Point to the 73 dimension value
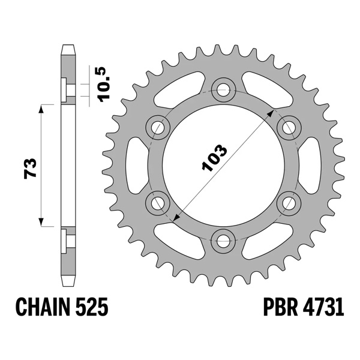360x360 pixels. pos(32,168)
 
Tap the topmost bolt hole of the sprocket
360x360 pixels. pos(224,89)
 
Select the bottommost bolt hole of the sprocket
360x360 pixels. pos(224,241)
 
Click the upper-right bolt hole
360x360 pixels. pos(289,127)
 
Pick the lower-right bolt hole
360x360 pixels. pos(289,203)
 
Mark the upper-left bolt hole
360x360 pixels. pos(158,127)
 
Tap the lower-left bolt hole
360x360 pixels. pos(158,203)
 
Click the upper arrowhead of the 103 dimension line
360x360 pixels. pos(274,112)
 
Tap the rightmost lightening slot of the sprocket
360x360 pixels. pos(317,165)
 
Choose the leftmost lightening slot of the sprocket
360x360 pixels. pos(131,165)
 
